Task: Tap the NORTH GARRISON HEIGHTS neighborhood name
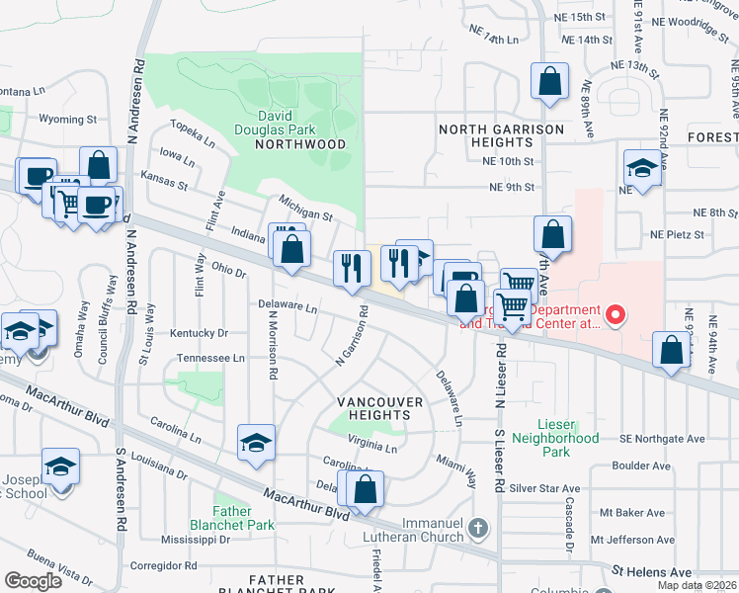[x=501, y=136]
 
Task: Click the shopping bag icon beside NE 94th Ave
[x=672, y=351]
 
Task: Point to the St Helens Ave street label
[x=652, y=572]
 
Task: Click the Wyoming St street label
[x=67, y=119]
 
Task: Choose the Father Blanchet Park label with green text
[x=244, y=519]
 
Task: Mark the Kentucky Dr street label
[x=199, y=334]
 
